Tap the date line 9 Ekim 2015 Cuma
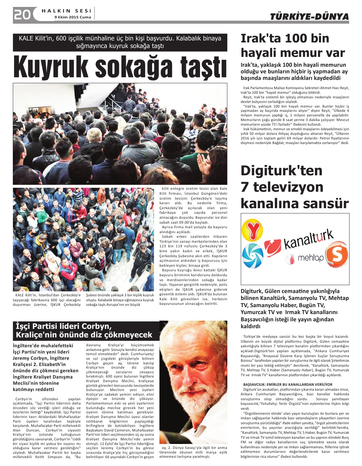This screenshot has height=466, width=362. pos(73,17)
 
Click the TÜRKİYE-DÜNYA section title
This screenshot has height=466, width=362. pos(309,17)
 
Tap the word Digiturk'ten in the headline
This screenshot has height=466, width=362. pos(282,171)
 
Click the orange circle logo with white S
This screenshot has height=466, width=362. pos(337,254)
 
